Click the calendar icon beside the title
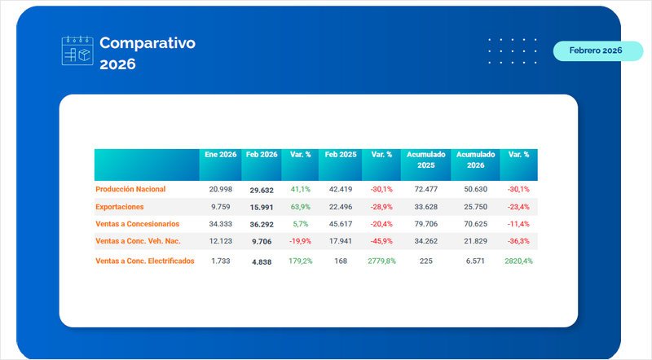[x=78, y=50]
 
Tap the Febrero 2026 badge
[x=595, y=50]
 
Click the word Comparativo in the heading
[x=148, y=43]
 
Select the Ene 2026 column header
[x=221, y=154]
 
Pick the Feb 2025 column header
[x=341, y=154]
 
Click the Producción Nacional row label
[x=130, y=189]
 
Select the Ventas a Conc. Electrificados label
[x=145, y=261]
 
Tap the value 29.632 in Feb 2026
[x=262, y=189]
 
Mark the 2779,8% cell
[x=382, y=261]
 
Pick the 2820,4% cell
[x=518, y=261]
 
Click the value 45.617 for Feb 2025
[x=341, y=224]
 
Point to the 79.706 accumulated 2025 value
[x=426, y=224]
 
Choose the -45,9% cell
[x=382, y=241]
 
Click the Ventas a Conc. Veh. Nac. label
[x=138, y=241]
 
